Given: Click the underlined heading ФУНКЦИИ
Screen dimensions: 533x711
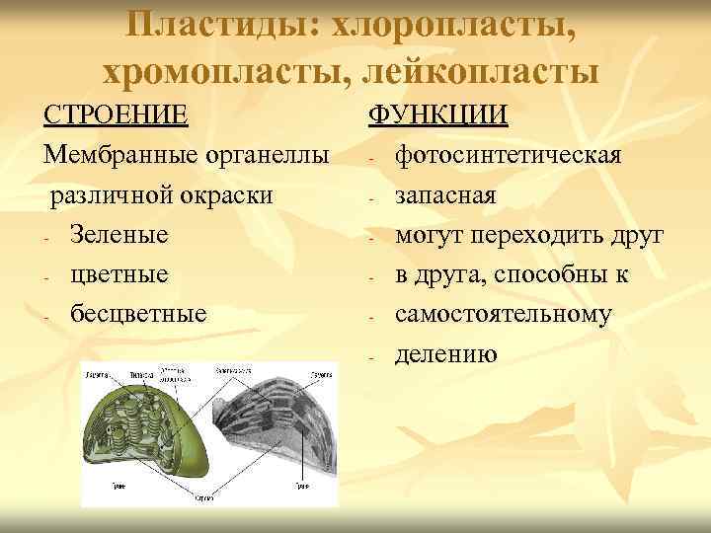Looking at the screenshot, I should tap(438, 115).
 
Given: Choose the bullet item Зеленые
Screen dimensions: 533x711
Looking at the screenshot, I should tap(118, 235).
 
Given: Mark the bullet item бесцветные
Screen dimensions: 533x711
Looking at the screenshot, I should tap(138, 314).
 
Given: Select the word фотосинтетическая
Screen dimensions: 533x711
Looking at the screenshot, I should tap(508, 156).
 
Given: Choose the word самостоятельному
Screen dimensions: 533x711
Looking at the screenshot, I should tap(503, 314).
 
